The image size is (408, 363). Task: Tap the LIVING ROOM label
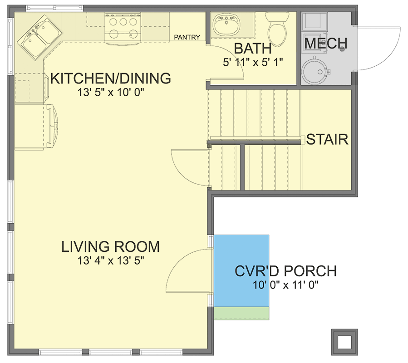[x=111, y=247]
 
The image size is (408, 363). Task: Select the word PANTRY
[x=187, y=37]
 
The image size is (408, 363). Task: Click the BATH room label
[x=252, y=49]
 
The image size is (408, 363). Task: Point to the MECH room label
[x=325, y=44]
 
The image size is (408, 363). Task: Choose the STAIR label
[x=327, y=139]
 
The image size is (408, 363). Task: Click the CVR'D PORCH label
[x=285, y=271]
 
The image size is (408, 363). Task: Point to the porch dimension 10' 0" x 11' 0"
[x=286, y=285]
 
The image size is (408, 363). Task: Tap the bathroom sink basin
[x=226, y=25]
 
